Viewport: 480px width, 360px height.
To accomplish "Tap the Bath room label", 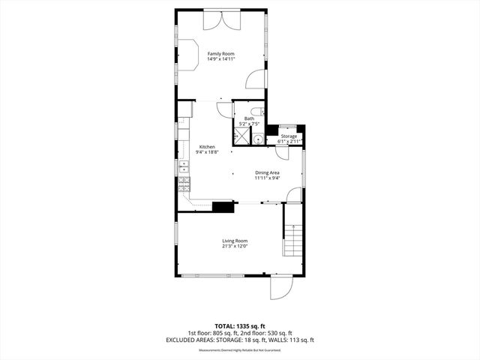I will tap(249, 118).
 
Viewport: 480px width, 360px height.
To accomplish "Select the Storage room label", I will tap(289, 136).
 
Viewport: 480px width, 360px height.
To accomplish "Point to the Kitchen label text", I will tap(207, 147).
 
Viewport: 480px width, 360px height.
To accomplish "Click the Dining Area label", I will tap(267, 173).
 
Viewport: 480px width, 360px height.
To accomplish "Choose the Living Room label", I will tap(235, 241).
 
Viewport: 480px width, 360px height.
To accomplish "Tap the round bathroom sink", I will tap(258, 139).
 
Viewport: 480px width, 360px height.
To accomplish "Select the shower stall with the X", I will tap(241, 135).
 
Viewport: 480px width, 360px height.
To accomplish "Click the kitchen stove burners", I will tap(183, 184).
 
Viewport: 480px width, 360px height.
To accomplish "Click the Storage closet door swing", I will tap(282, 153).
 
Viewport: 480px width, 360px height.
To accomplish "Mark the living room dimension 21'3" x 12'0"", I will tap(235, 246).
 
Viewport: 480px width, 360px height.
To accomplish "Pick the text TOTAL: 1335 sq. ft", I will tap(239, 327).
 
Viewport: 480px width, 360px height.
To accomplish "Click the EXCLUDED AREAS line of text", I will tap(240, 340).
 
